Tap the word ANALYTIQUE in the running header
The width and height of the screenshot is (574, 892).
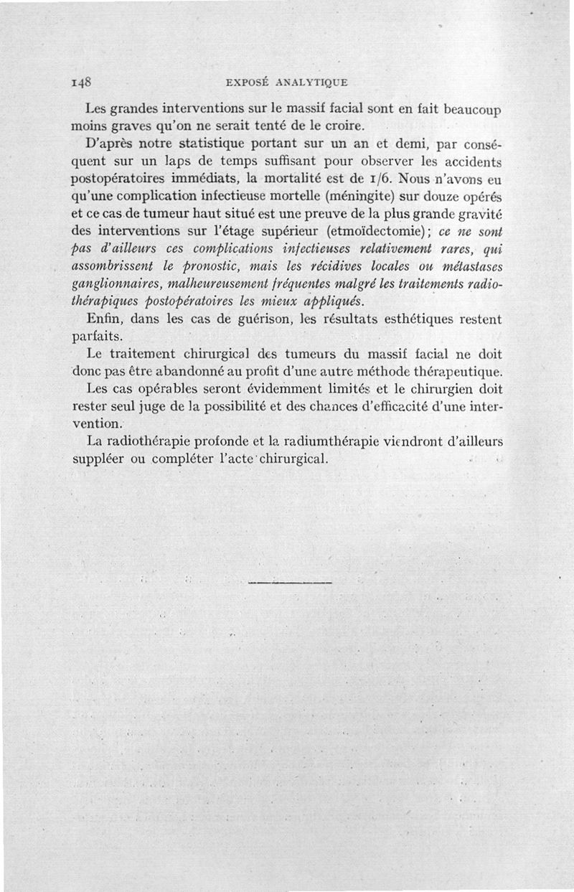coord(312,82)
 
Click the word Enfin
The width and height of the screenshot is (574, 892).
coord(103,317)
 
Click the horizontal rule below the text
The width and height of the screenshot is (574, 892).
coord(289,582)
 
